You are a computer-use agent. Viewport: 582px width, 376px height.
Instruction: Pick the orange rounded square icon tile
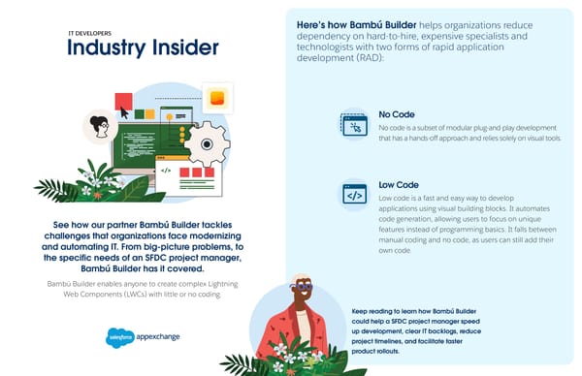click(x=218, y=97)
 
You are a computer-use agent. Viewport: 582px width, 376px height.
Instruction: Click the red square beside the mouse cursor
click(x=123, y=99)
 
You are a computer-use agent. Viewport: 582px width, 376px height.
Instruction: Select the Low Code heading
click(x=399, y=184)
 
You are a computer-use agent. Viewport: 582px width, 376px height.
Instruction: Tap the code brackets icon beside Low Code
click(x=353, y=195)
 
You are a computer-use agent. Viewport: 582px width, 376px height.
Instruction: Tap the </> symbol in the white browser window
click(x=166, y=171)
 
